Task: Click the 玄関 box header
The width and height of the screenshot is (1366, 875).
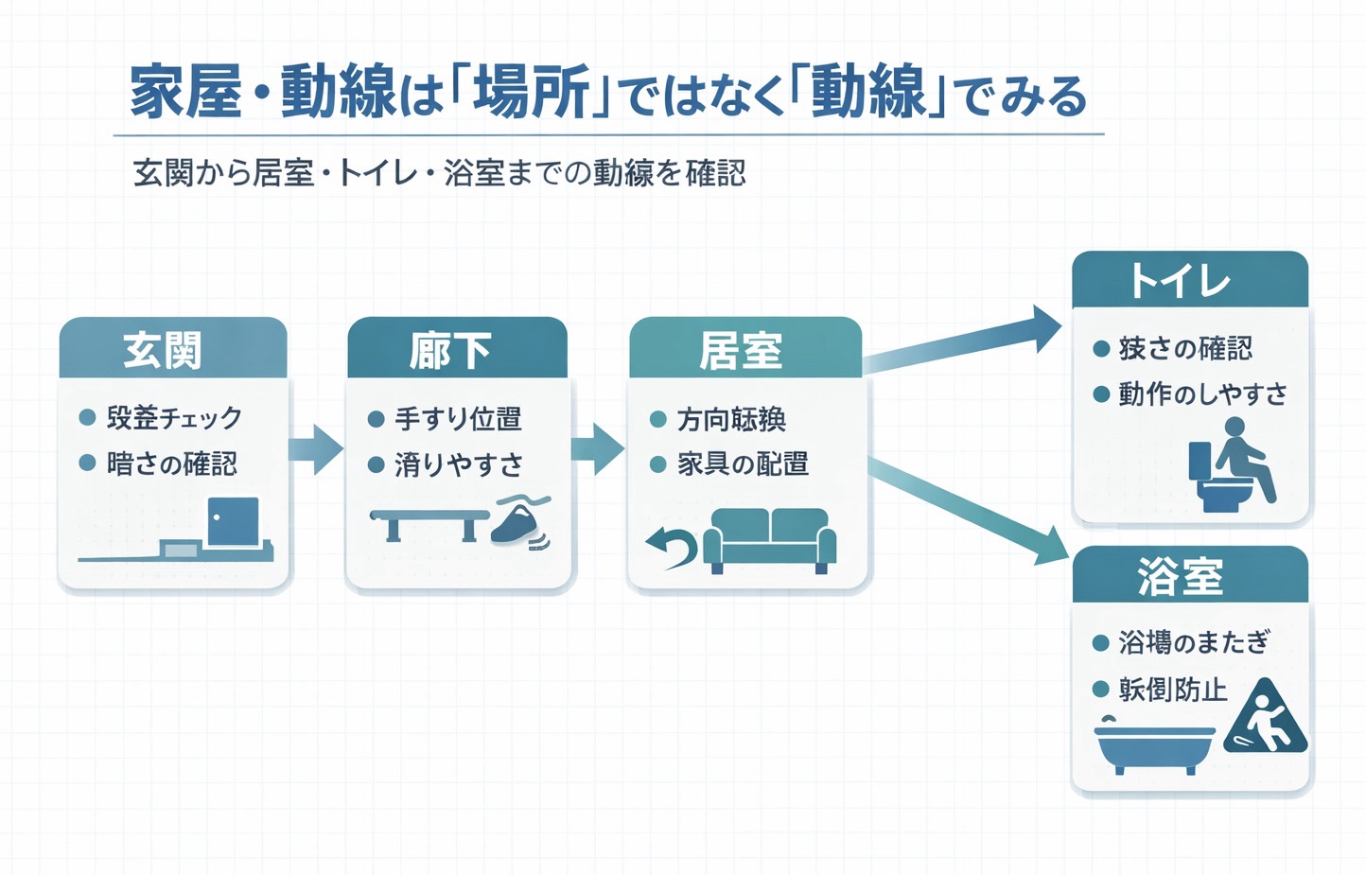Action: pos(172,349)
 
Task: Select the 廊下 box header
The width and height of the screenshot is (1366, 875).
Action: pos(457,349)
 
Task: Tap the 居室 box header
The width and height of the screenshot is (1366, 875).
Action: pos(745,349)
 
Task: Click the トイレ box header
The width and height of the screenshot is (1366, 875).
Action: pos(1189,280)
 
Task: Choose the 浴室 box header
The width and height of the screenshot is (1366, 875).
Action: pos(1189,575)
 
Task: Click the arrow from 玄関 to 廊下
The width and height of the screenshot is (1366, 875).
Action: pos(316,448)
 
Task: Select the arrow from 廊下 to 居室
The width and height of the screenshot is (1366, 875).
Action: pos(598,448)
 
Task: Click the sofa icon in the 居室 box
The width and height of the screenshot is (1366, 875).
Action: pos(770,540)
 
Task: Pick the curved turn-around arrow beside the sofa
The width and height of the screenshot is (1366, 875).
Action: pos(672,547)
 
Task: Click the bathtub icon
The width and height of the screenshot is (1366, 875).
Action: pos(1155,748)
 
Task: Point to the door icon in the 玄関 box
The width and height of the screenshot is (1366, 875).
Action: pos(233,521)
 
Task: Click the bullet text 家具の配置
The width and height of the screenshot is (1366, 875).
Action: pos(743,464)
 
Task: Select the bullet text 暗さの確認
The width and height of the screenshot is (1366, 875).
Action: pos(171,464)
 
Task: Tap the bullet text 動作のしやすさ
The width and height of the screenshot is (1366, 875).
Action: pos(1202,394)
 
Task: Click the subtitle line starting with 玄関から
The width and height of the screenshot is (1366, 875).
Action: pos(440,173)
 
